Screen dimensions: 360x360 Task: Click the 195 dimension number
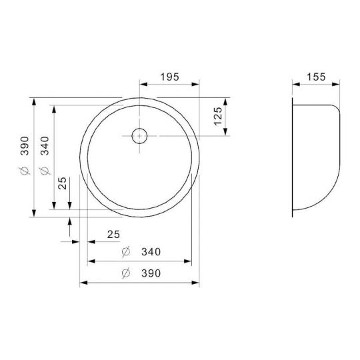169,77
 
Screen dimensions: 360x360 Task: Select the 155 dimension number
316,77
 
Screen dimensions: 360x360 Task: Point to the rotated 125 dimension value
218,117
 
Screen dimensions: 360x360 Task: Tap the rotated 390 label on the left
25,146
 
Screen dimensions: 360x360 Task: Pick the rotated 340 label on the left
45,146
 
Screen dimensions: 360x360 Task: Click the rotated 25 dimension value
62,183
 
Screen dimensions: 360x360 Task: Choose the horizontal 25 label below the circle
113,235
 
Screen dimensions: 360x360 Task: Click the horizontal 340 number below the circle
151,252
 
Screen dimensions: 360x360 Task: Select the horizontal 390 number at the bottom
151,273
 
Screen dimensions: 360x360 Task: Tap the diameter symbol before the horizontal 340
126,251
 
